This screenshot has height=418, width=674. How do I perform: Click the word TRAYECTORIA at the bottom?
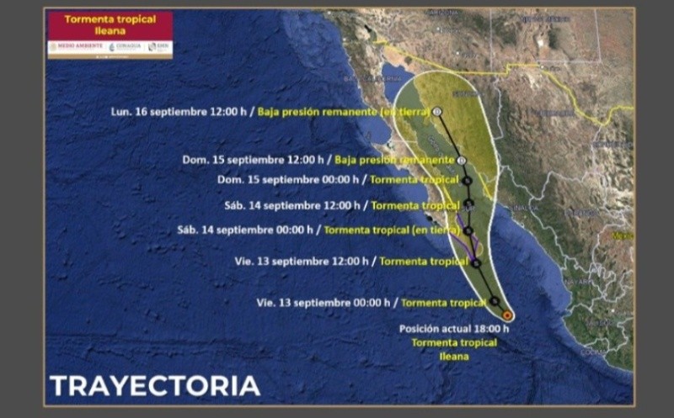155,386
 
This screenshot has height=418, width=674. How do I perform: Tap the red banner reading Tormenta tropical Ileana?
110,24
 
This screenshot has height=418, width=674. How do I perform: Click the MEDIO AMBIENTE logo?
75,47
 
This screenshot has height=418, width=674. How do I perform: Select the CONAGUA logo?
126,47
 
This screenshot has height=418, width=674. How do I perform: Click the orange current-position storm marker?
506,315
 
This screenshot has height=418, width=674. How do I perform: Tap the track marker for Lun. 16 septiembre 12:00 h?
438,111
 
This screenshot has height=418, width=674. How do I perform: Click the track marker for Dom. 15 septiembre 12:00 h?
462,160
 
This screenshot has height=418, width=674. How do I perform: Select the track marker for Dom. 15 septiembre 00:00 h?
467,180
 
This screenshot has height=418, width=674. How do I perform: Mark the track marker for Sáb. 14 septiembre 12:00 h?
468,205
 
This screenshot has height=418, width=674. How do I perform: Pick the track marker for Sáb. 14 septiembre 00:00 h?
468,230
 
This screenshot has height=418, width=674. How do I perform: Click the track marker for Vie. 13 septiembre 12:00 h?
476,262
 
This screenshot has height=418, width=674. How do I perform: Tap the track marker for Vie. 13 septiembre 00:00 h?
495,301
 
